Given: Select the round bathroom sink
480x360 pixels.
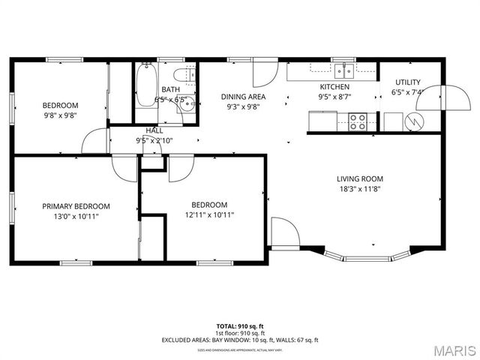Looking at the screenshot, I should pos(187,105).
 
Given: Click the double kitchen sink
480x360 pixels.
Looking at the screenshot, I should pos(345,70).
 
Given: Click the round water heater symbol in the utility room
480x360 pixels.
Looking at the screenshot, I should pos(413,120).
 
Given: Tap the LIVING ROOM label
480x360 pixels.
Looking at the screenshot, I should pos(360,178).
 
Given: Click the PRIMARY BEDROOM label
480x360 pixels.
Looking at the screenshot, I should pos(76,206).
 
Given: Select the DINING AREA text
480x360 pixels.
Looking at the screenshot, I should pos(243,97).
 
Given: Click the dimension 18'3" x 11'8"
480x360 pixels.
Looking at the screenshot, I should pos(360,190).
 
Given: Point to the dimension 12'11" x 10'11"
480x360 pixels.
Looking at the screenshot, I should pos(209,215).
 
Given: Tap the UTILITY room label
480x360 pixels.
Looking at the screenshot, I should pos(406,82).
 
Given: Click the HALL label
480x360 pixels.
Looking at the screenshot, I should pos(154,130).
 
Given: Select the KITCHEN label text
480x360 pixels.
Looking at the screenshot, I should pos(334,86).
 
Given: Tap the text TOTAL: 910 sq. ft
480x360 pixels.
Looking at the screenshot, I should pos(240,326).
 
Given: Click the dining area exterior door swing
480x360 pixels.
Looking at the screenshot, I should pos(262,72).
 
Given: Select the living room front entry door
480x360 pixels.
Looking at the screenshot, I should pos(284,232).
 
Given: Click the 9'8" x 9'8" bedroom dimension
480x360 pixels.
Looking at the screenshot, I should pos(60,116).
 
